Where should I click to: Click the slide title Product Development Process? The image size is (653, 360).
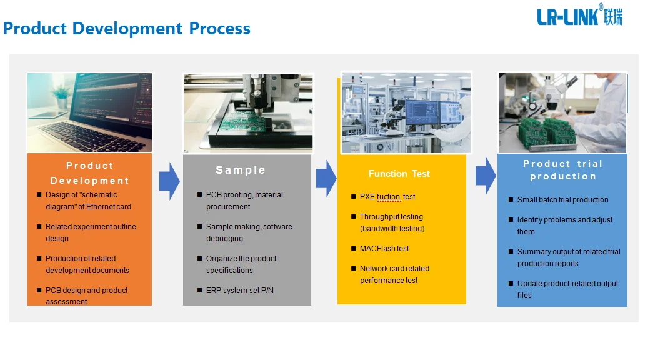click(x=127, y=29)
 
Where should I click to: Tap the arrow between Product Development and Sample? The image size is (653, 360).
click(x=169, y=181)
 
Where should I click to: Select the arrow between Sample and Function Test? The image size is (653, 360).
click(x=326, y=178)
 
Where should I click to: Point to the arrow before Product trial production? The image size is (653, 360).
click(x=485, y=176)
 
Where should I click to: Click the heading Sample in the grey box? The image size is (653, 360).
click(x=241, y=170)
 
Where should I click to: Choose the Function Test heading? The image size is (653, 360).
click(x=399, y=174)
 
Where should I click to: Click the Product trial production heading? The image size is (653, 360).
click(x=562, y=170)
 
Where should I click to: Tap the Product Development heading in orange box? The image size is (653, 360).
click(x=89, y=173)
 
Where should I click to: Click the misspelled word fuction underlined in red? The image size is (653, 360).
click(x=387, y=197)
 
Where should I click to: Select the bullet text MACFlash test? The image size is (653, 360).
click(x=384, y=249)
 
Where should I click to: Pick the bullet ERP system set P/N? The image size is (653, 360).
click(x=240, y=291)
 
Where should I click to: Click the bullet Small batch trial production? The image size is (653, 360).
click(x=562, y=200)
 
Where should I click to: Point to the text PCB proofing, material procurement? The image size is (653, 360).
click(x=244, y=201)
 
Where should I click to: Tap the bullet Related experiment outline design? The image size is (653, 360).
click(x=90, y=232)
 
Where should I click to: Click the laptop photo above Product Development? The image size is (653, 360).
click(x=89, y=112)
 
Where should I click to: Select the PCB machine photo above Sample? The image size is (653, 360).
click(x=247, y=112)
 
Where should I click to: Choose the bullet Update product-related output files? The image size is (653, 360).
click(x=567, y=289)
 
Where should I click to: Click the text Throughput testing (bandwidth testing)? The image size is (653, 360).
click(x=391, y=222)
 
